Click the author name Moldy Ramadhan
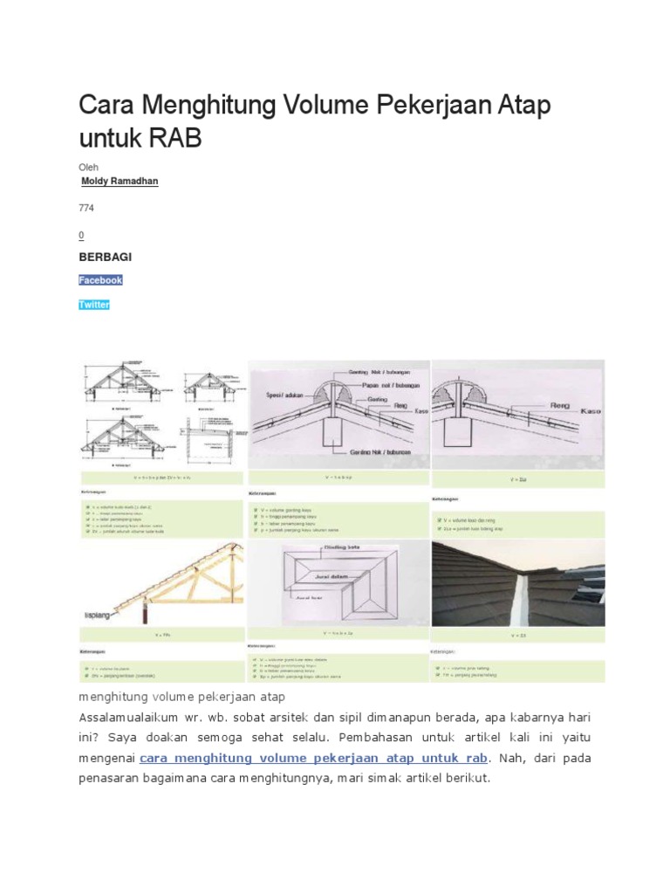[x=119, y=181]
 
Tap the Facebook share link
[x=100, y=280]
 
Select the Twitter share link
[x=94, y=306]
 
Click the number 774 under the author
[x=86, y=209]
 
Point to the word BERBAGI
[x=106, y=258]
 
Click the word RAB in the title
[x=174, y=138]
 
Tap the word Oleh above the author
[x=88, y=165]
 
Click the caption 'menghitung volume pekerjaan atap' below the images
[x=181, y=698]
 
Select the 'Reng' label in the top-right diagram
[x=559, y=406]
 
